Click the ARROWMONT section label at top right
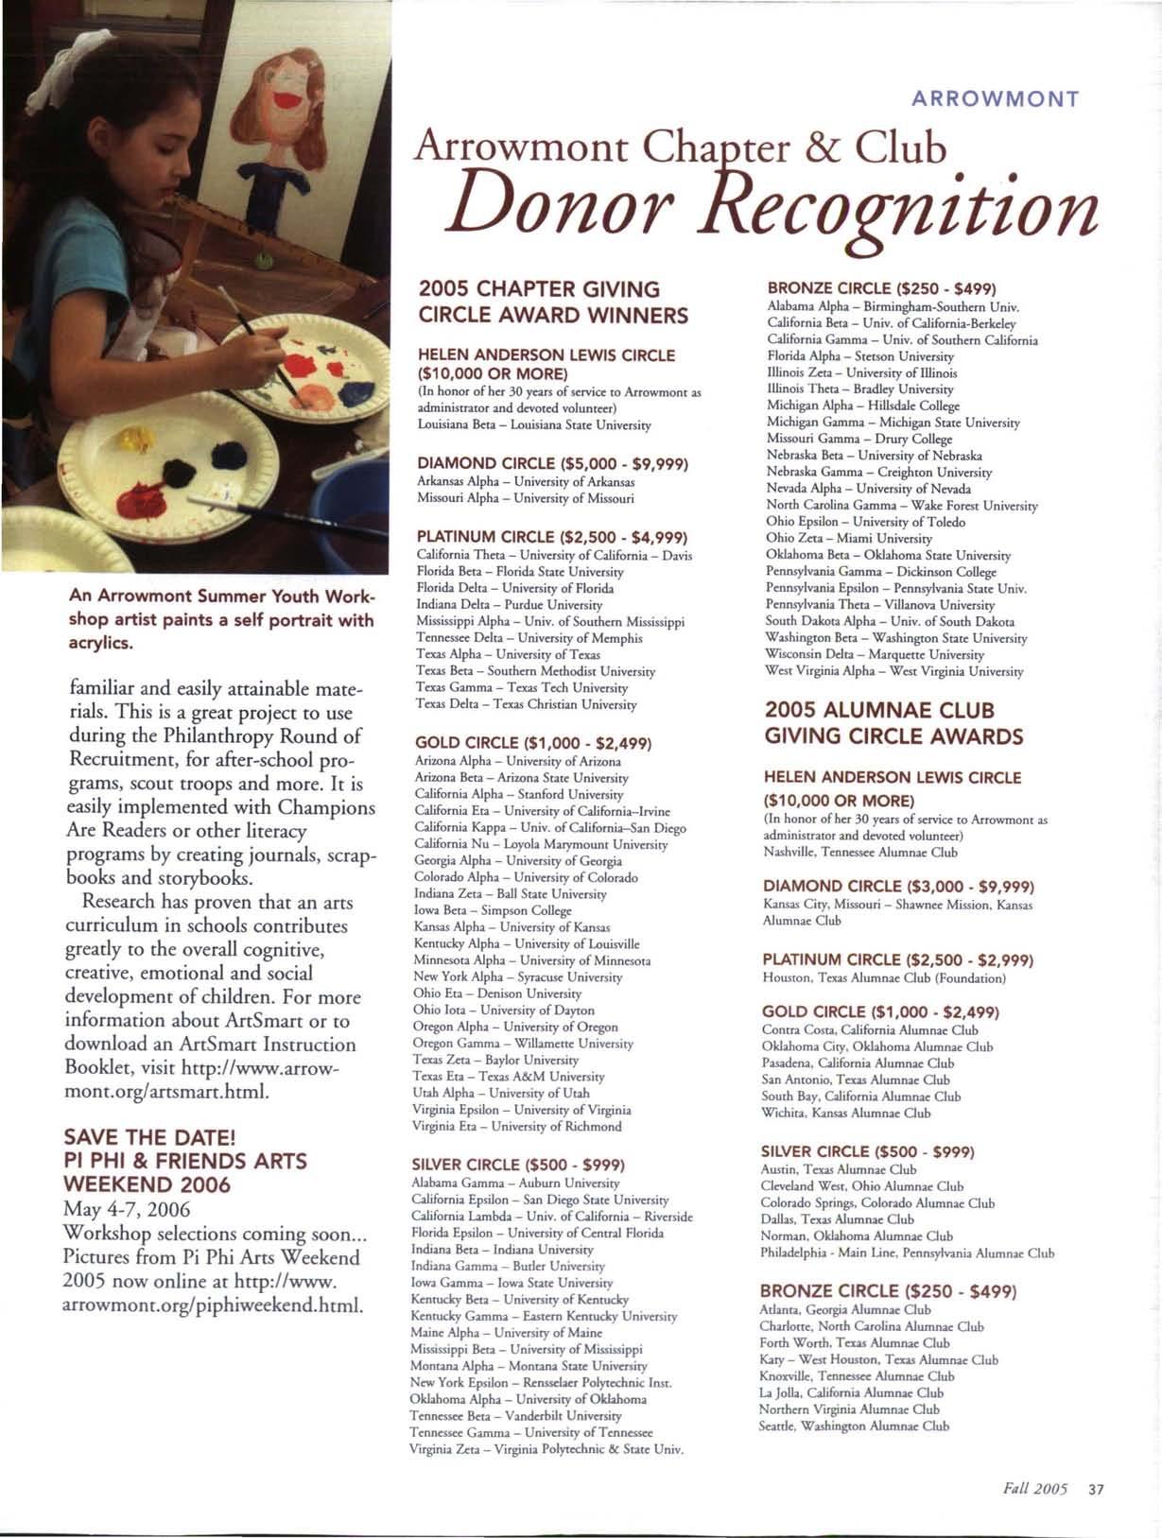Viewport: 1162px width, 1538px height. [997, 98]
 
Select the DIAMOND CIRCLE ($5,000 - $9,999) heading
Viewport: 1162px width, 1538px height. [551, 463]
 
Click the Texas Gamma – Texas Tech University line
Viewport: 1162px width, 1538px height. [522, 687]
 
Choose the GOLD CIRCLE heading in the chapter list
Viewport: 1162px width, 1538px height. [533, 743]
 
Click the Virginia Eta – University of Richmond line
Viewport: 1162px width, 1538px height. [517, 1127]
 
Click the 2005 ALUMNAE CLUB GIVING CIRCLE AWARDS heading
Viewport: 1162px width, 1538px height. [893, 723]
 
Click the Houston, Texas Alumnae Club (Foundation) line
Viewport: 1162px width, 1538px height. [884, 977]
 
